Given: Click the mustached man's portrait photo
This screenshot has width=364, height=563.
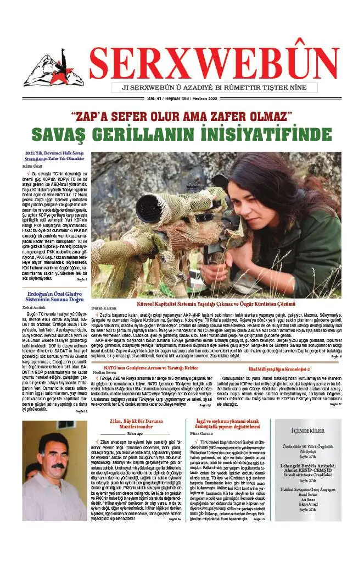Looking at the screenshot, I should (x=54, y=475).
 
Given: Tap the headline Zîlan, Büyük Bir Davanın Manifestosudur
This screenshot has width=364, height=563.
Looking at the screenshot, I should (x=133, y=438).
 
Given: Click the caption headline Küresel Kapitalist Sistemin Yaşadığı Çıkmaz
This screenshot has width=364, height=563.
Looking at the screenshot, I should (x=216, y=303).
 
